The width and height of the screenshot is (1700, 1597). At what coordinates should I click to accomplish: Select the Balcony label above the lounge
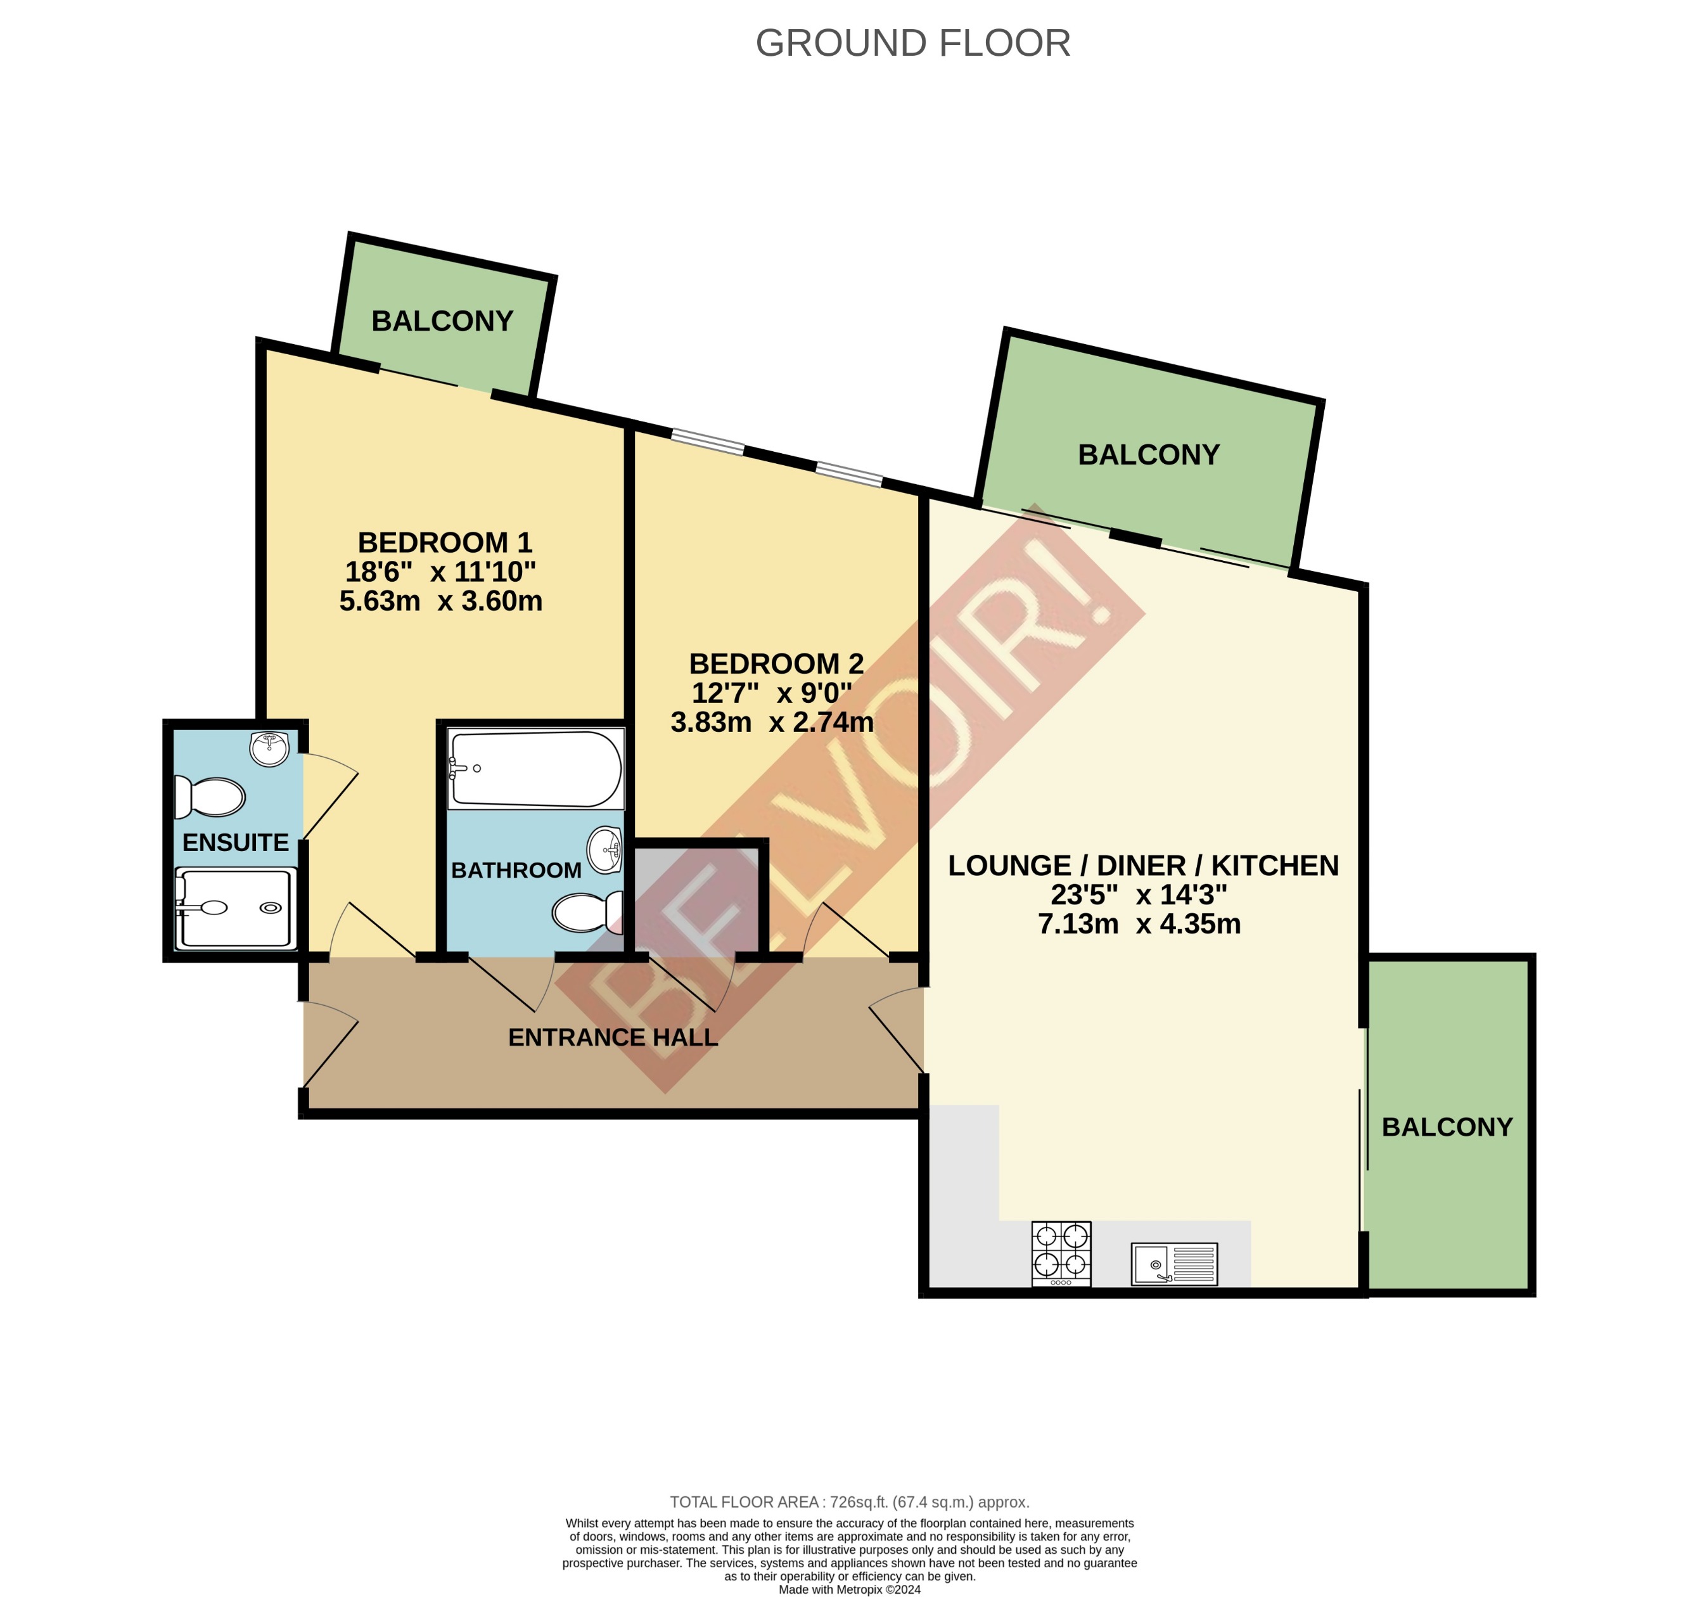1149,454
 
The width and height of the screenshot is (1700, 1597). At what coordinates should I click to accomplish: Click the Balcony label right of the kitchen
1447,1127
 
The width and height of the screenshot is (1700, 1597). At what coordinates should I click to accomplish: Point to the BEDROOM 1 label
445,542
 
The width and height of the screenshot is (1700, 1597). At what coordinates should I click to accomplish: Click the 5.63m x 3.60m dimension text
440,601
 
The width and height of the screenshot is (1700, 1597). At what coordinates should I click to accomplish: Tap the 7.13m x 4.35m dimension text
1139,924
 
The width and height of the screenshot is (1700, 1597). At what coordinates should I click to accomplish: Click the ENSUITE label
235,843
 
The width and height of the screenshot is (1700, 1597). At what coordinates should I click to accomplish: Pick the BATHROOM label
516,870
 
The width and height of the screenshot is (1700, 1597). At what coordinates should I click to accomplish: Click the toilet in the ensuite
210,797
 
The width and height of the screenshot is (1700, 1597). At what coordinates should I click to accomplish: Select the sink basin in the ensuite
269,748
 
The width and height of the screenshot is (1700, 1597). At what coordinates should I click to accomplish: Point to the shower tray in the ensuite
236,908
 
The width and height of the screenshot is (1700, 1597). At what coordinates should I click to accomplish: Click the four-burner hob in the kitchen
1061,1253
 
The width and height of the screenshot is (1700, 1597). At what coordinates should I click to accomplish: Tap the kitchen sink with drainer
1174,1264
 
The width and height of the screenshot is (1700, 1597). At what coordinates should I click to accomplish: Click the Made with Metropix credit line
849,1589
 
